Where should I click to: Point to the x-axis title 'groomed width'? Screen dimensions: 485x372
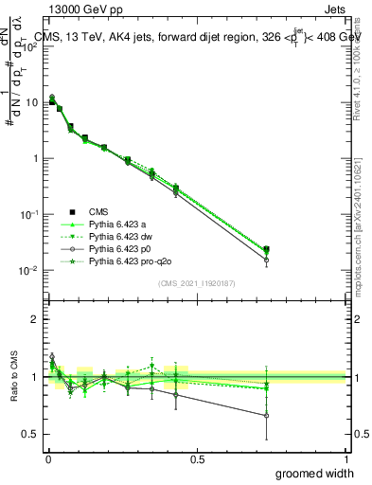(314, 473)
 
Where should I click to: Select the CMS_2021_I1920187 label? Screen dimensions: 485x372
(196, 283)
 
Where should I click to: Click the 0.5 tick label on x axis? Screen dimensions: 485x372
(197, 458)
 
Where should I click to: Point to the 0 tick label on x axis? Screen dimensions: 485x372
(47, 458)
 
